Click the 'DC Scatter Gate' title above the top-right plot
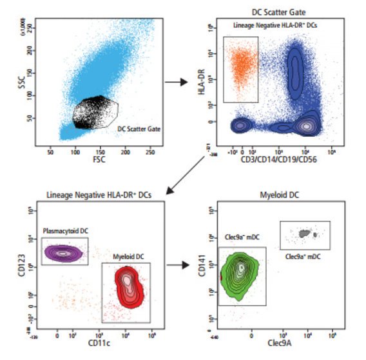click(x=278, y=12)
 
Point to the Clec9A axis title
click(x=278, y=344)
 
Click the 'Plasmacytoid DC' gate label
click(x=63, y=230)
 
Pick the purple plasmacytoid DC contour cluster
click(x=63, y=253)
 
